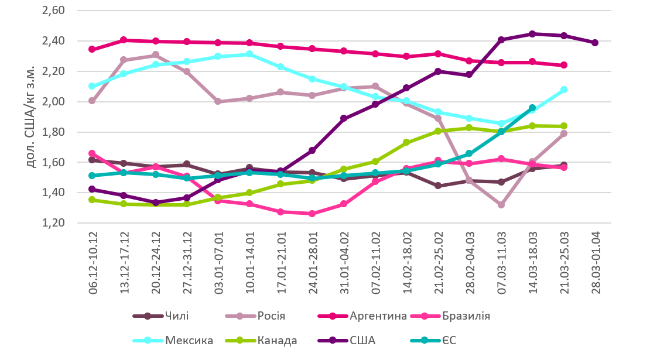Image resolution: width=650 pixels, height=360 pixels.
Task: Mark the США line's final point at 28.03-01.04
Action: [595, 43]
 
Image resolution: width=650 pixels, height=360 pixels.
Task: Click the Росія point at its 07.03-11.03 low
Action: [501, 205]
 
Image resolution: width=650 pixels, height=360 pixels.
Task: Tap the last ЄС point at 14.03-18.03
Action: [532, 108]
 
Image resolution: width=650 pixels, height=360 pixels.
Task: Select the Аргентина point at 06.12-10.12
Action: [92, 49]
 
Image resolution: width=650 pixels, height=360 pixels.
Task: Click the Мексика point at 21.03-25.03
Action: [564, 90]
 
